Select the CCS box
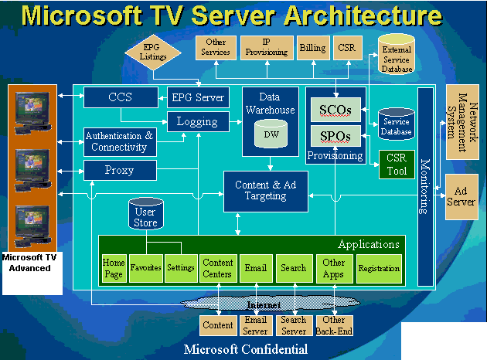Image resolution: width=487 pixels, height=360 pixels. tap(120, 97)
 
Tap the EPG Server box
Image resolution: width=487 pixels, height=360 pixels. tap(197, 97)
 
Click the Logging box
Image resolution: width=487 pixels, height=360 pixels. tap(197, 121)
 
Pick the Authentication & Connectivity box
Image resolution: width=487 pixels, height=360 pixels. tap(119, 141)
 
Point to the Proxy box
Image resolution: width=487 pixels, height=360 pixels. tap(119, 170)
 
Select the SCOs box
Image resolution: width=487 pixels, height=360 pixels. tap(335, 111)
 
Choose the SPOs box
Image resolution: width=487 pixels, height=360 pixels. tap(335, 137)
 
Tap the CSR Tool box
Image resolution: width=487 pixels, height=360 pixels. tap(397, 164)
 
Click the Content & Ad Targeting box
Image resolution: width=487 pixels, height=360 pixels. tap(265, 191)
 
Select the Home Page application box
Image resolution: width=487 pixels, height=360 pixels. tap(114, 268)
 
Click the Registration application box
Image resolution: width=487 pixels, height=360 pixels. tap(379, 269)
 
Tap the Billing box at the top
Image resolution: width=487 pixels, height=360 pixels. tap(312, 48)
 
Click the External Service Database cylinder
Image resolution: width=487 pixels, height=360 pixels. tap(397, 56)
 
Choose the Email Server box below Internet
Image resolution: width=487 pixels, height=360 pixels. tap(256, 325)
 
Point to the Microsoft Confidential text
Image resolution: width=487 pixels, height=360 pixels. tap(245, 350)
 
